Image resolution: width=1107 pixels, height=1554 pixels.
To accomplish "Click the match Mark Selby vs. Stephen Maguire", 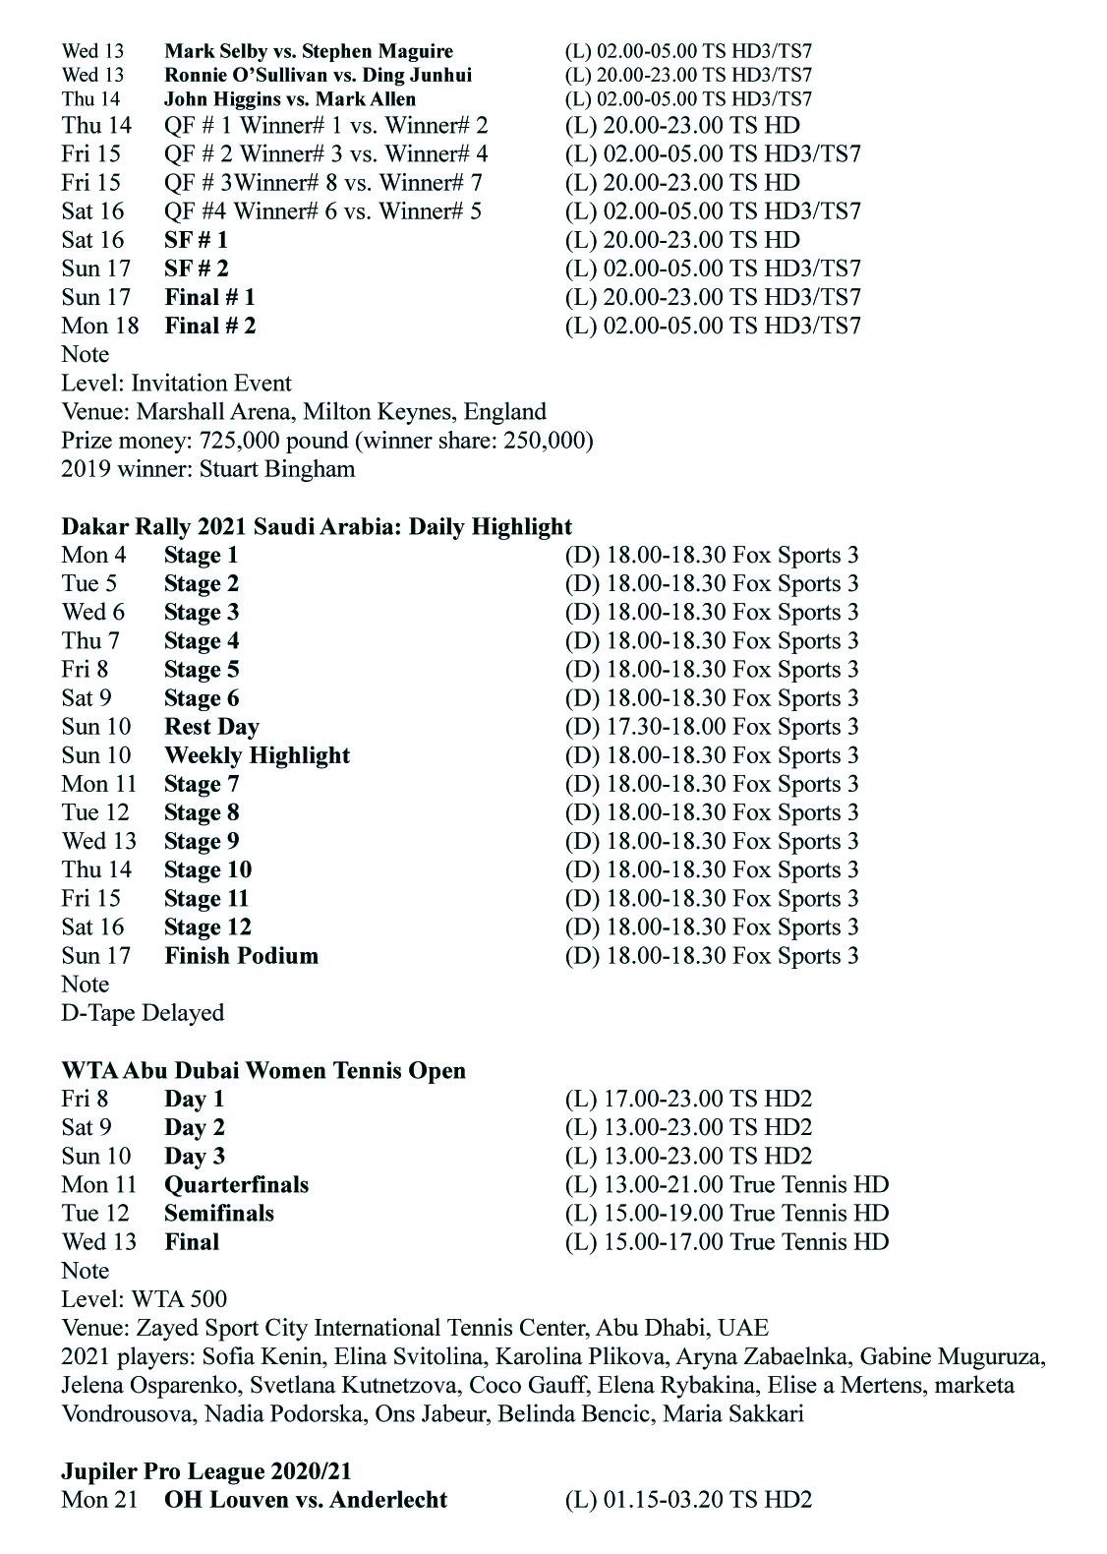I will pyautogui.click(x=309, y=51).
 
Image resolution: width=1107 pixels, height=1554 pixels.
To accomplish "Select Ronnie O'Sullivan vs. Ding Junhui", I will pyautogui.click(x=318, y=75).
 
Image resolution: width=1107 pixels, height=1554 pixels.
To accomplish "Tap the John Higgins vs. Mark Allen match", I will pyautogui.click(x=290, y=99).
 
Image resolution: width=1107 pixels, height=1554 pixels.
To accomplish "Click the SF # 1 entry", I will pyautogui.click(x=197, y=240).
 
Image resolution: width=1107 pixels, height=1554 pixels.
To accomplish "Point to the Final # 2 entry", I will pyautogui.click(x=209, y=326).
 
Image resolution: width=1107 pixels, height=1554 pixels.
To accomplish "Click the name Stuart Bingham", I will pyautogui.click(x=276, y=468).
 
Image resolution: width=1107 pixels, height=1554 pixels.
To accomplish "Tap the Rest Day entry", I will pyautogui.click(x=211, y=727).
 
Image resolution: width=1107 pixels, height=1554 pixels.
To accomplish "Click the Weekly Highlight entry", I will pyautogui.click(x=257, y=755).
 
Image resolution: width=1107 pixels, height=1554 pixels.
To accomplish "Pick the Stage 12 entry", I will pyautogui.click(x=207, y=926).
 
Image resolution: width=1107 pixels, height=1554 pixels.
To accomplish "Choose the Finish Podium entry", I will pyautogui.click(x=241, y=955).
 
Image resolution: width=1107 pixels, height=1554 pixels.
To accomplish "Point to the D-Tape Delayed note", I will pyautogui.click(x=143, y=1012).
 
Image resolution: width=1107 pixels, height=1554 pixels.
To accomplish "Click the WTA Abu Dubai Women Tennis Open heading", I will pyautogui.click(x=263, y=1070).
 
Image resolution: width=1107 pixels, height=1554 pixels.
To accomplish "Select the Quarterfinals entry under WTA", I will pyautogui.click(x=236, y=1184).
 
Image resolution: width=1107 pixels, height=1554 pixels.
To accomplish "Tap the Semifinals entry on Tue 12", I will pyautogui.click(x=219, y=1213).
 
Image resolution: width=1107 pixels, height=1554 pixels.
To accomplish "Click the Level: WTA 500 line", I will pyautogui.click(x=144, y=1299).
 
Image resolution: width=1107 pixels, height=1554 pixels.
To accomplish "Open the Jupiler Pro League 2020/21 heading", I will pyautogui.click(x=206, y=1471).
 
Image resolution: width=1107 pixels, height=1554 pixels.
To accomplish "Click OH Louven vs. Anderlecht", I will pyautogui.click(x=306, y=1500).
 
